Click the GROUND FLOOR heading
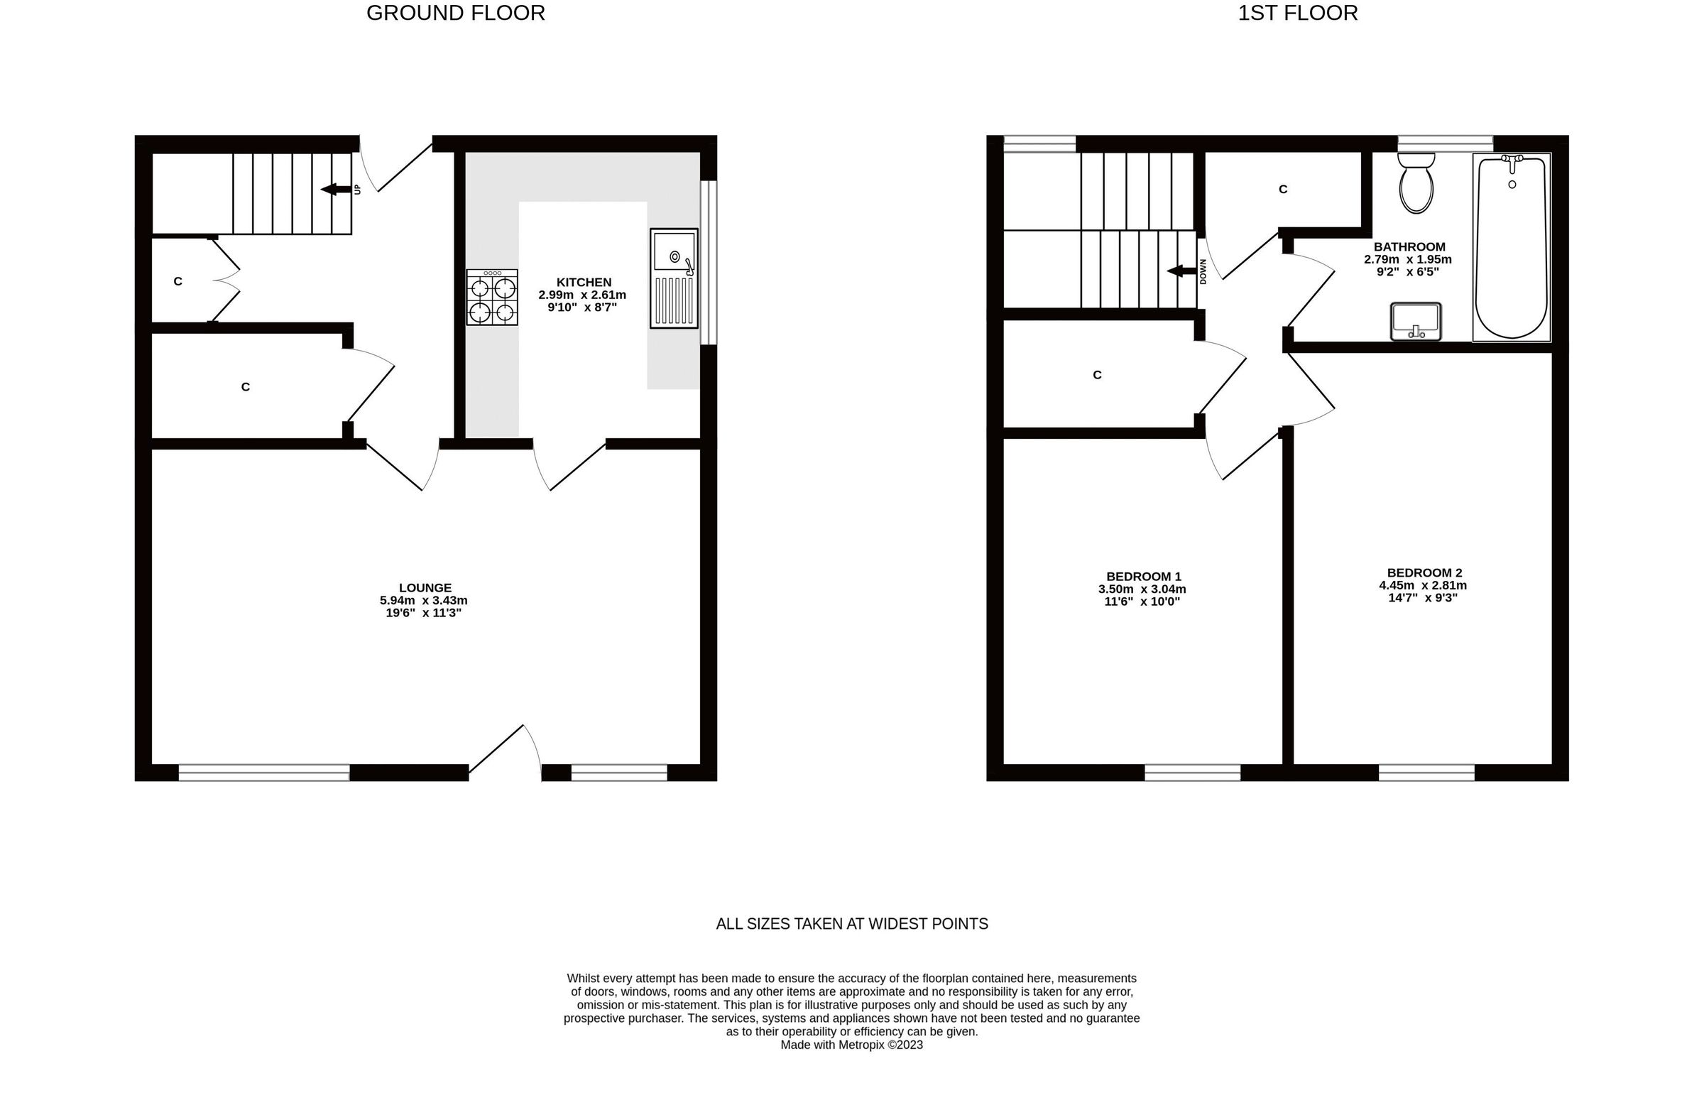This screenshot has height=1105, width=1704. coord(455,13)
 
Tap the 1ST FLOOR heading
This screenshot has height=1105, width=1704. coord(1297,13)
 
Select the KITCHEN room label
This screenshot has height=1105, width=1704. coord(584,282)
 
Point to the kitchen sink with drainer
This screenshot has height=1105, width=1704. coord(673,278)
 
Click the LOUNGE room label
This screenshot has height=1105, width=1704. coord(425,588)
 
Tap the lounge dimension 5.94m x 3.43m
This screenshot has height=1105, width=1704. coord(424,601)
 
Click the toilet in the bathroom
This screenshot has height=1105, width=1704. coord(1416,184)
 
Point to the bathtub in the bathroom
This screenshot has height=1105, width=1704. coord(1511,247)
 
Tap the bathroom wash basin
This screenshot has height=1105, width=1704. coord(1415,322)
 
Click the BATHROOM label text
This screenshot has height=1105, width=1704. coord(1409,247)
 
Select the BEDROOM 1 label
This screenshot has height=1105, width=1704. coord(1143,577)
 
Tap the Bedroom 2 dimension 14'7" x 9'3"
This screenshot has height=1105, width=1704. coord(1423,598)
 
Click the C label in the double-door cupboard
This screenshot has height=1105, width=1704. coord(178,282)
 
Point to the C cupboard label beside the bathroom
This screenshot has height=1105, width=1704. coord(1282,190)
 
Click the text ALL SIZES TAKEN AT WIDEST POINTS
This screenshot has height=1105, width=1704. coord(852,925)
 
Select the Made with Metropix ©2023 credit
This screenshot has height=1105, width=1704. coord(851,1045)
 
